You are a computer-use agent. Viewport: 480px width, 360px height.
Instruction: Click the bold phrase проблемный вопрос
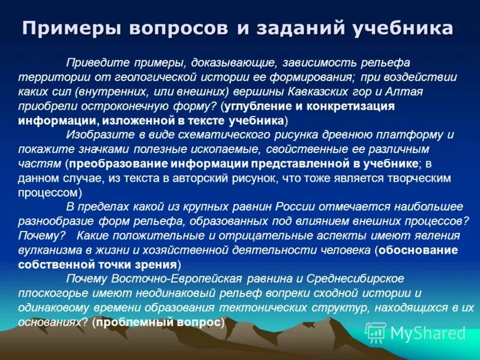pyautogui.click(x=160, y=322)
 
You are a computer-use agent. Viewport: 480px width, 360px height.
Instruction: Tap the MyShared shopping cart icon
pyautogui.click(x=376, y=332)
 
